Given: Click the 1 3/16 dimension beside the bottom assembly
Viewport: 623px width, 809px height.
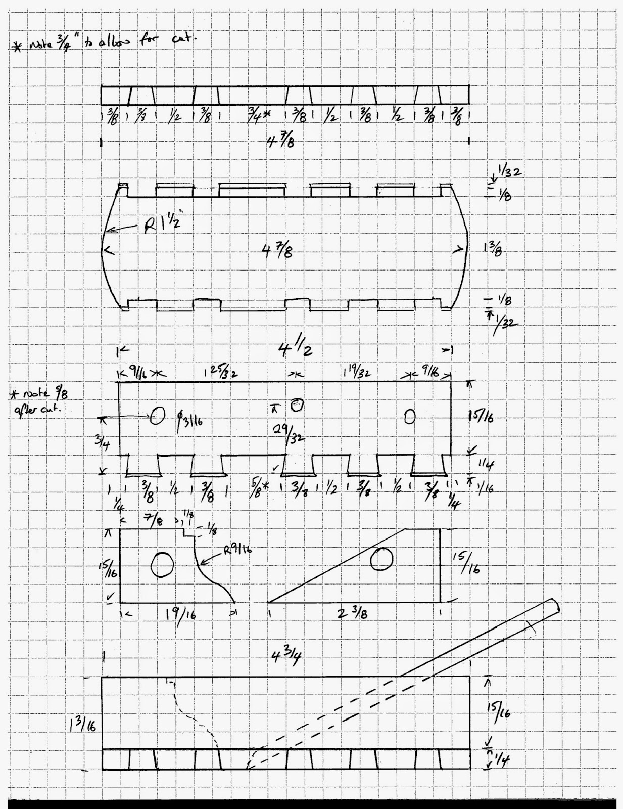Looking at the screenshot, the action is [x=82, y=726].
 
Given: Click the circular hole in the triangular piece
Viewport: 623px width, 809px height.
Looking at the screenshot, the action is [x=381, y=559].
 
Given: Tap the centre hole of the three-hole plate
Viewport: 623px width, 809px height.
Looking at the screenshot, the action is [x=297, y=404].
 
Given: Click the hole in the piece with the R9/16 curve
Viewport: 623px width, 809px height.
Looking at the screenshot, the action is [x=163, y=564].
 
